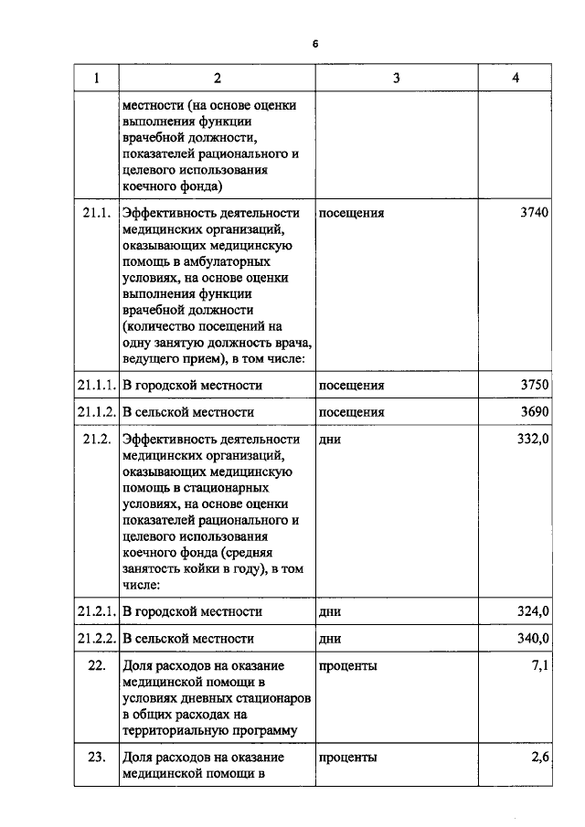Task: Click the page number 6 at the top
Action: click(x=314, y=43)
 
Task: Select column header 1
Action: click(x=96, y=78)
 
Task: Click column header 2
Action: click(x=217, y=78)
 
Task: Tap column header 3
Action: click(x=396, y=78)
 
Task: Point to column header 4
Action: click(x=516, y=78)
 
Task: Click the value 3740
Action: click(x=534, y=213)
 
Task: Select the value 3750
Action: click(x=534, y=385)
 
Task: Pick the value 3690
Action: click(x=534, y=412)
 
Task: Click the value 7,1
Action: click(x=539, y=666)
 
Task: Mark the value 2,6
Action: click(x=539, y=758)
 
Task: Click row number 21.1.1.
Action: click(x=96, y=386)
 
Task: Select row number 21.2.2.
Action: click(x=96, y=639)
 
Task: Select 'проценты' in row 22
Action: click(x=347, y=666)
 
